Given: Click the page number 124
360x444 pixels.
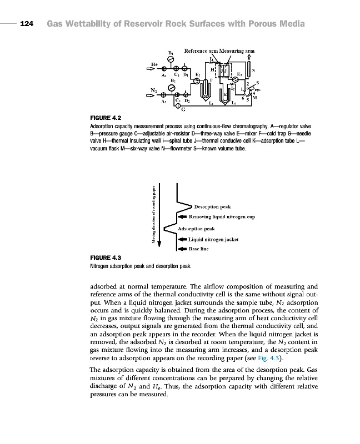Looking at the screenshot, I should click(x=27, y=24).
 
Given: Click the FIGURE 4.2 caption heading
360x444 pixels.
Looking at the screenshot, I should click(x=106, y=118).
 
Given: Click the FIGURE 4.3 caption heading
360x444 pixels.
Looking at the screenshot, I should click(x=106, y=258).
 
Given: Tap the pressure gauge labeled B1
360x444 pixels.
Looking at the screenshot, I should click(x=171, y=60).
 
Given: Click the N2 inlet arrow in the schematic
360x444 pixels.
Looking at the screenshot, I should click(x=152, y=95).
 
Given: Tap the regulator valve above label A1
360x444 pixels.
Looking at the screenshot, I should click(x=164, y=70).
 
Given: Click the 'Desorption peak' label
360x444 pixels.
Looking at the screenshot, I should click(x=212, y=206).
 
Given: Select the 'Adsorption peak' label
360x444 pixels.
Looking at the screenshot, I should click(x=196, y=229).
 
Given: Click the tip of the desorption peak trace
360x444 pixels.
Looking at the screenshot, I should click(x=192, y=205).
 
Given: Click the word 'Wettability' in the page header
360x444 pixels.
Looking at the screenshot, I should click(x=94, y=24).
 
